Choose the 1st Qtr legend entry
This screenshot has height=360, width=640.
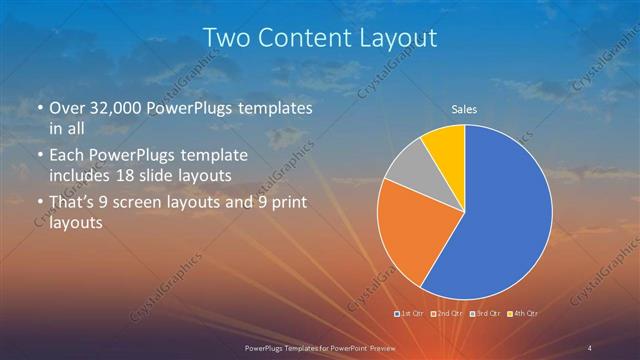pos(411,314)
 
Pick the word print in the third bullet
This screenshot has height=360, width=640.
pos(285,203)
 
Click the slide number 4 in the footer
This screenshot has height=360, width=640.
pos(590,346)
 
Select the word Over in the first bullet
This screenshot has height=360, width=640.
pos(67,108)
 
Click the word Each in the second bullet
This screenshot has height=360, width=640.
pos(68,157)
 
